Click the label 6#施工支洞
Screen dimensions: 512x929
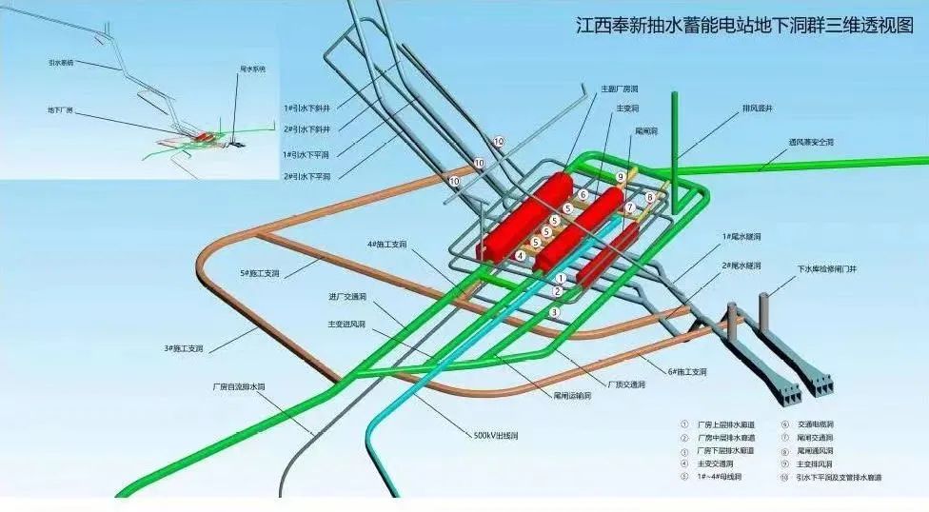click(x=686, y=372)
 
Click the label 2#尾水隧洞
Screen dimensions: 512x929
click(x=741, y=265)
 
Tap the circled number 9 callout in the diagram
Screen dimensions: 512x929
click(x=619, y=177)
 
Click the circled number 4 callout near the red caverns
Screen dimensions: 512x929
click(x=521, y=255)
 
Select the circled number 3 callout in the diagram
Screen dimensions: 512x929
click(x=553, y=311)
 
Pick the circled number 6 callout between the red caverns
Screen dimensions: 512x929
click(x=583, y=194)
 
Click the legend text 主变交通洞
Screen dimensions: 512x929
click(x=720, y=463)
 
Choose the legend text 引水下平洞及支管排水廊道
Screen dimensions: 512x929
click(x=839, y=477)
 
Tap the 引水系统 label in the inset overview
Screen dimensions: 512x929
click(x=62, y=63)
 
